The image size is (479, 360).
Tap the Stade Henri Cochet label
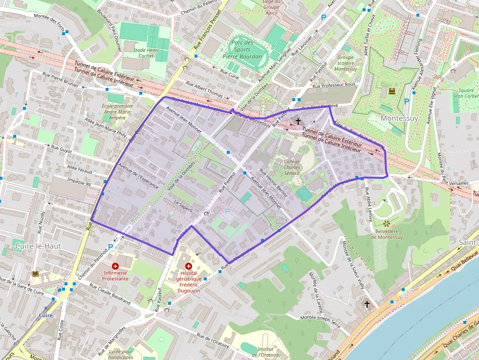[146, 53]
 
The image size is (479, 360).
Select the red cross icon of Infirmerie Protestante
[115, 266]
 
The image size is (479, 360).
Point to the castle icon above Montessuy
[392, 91]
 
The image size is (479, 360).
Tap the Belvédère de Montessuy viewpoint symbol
[380, 223]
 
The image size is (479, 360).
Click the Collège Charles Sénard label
[292, 167]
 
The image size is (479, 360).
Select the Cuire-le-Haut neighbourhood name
[38, 246]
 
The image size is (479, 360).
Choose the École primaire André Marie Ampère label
[117, 111]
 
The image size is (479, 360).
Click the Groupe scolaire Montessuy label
[346, 63]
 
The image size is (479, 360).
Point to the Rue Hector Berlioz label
[274, 182]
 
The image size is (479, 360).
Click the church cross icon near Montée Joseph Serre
[367, 304]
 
